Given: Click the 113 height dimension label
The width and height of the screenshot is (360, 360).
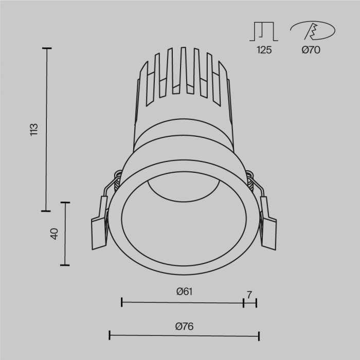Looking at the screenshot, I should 34,129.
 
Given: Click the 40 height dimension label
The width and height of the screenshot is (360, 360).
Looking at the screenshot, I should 55,233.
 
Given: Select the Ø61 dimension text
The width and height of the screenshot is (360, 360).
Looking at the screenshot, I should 184,292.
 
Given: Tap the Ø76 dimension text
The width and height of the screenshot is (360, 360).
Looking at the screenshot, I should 184,326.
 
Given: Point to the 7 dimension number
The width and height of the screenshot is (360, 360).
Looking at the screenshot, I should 249,295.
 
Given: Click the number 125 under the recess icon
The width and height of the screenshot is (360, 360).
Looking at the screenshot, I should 264,50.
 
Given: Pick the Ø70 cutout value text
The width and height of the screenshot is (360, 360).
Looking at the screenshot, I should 311,50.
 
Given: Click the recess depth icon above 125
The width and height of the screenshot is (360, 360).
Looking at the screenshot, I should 264,31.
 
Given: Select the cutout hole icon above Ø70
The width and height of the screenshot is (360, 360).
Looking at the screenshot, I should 310,31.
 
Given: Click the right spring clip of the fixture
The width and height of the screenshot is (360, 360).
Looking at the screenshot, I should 268,226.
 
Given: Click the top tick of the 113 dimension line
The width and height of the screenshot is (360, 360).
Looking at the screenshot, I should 47,48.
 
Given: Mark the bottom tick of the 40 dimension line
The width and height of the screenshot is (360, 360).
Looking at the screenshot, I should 64,265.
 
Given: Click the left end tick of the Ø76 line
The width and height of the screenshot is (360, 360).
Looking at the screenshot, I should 110,336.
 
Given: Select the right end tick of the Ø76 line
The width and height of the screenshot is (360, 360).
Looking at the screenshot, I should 259,336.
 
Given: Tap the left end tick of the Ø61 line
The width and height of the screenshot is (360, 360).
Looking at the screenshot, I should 121,302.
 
